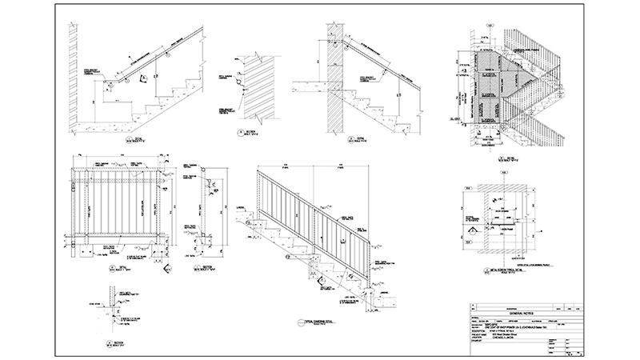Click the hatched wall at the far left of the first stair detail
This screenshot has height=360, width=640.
(x=71, y=72)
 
